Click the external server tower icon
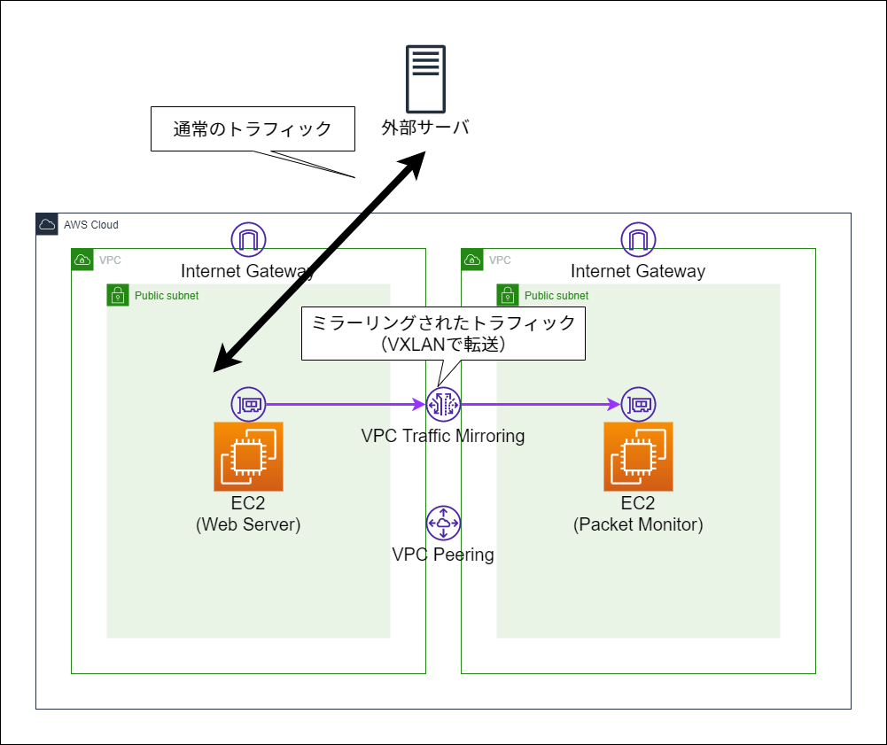click(424, 76)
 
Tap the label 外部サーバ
click(424, 128)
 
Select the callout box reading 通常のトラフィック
click(253, 129)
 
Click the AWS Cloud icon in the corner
click(47, 224)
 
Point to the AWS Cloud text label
click(90, 225)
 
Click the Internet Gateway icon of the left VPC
click(248, 239)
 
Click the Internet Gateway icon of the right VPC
click(638, 239)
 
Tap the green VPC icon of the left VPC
click(82, 260)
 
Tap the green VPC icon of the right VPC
click(472, 260)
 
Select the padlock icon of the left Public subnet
click(118, 295)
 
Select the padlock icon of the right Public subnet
click(508, 295)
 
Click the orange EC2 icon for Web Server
click(248, 456)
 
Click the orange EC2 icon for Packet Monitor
click(638, 456)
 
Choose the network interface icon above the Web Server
click(248, 404)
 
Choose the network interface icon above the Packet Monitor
click(638, 404)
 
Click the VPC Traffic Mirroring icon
click(443, 404)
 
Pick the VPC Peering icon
click(443, 523)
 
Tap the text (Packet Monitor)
click(638, 524)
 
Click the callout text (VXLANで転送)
click(443, 345)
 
